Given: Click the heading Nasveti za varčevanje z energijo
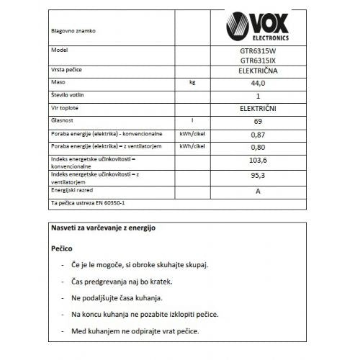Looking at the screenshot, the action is pos(102,228).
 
